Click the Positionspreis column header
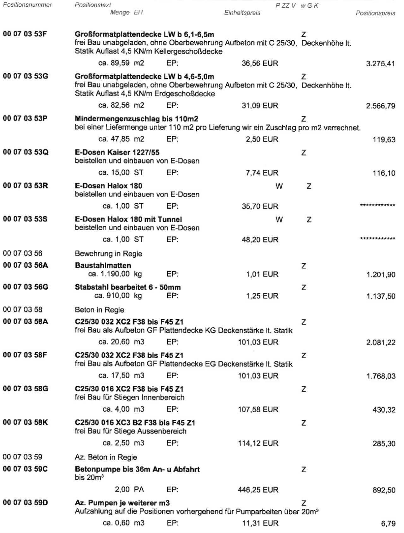[x=375, y=13]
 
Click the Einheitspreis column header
[x=242, y=13]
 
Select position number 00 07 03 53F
[x=25, y=34]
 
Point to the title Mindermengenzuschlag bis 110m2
[x=136, y=119]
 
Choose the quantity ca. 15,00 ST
[x=121, y=173]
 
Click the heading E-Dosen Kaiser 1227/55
[x=117, y=153]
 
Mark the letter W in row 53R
[x=279, y=186]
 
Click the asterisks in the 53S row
[x=377, y=239]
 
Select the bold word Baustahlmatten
[x=103, y=266]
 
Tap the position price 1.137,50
[x=381, y=296]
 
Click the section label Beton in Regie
[x=99, y=310]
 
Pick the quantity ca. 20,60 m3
[x=122, y=342]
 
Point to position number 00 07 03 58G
[x=26, y=389]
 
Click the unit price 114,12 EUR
[x=258, y=443]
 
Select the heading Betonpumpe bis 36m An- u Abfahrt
[x=137, y=469]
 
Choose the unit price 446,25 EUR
[x=258, y=490]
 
